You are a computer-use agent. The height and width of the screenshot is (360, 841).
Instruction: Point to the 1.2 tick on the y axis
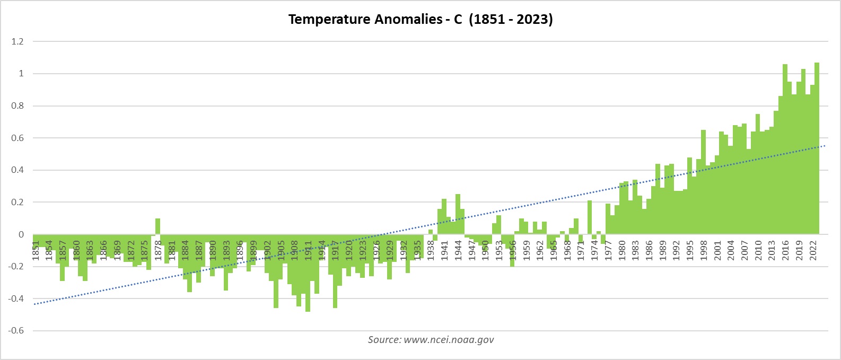[x=17, y=41]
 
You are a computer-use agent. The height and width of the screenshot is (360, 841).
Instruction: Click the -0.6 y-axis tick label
[x=16, y=331]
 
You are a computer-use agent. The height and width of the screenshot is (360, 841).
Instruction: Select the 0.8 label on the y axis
[x=17, y=106]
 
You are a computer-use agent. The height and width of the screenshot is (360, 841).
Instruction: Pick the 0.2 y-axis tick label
[x=17, y=203]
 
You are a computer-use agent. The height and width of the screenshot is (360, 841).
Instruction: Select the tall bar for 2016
[x=785, y=148]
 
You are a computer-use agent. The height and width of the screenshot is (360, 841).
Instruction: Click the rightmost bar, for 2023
[x=817, y=148]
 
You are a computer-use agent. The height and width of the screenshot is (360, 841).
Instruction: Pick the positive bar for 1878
[x=157, y=226]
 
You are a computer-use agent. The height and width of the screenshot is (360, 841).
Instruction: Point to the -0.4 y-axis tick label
[x=16, y=299]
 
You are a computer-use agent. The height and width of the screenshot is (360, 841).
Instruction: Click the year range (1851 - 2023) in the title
[x=511, y=20]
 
